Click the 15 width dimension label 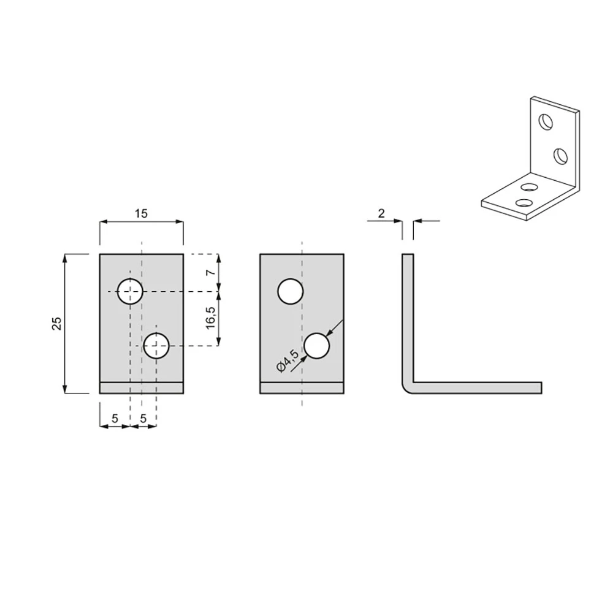pos(141,213)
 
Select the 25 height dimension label pos(57,323)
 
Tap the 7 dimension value pos(211,272)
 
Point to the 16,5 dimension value pos(211,318)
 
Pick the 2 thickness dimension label pos(381,213)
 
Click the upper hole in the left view pos(130,291)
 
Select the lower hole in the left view pos(156,346)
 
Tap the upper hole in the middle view pos(291,291)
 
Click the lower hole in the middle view pos(317,346)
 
